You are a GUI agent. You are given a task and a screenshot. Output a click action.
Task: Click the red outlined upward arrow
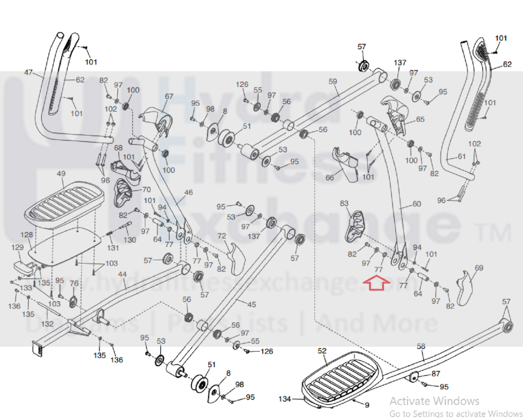[376, 283]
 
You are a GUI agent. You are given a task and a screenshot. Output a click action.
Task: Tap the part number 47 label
[28, 72]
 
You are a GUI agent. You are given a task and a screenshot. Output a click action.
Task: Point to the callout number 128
[27, 235]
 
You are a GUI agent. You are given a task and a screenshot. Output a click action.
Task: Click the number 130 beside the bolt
[130, 240]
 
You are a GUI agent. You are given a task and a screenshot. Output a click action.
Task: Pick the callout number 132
[47, 323]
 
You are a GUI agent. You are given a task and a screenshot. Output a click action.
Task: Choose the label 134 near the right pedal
[284, 399]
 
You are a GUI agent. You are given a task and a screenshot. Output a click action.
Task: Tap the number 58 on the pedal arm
[421, 346]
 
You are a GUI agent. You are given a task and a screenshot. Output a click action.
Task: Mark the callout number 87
[436, 373]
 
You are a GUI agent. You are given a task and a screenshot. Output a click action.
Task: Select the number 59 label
[333, 81]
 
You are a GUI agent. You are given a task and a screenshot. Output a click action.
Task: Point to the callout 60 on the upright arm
[416, 204]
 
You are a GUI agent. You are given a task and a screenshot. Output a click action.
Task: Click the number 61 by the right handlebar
[462, 156]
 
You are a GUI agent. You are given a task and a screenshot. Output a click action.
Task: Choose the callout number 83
[344, 203]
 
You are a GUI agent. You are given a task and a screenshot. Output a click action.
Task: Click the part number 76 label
[74, 283]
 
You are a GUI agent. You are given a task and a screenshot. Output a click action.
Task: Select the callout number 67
[169, 96]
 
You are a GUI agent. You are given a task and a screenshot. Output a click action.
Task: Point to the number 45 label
[252, 304]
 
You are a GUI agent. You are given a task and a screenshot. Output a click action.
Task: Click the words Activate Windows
[434, 401]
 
